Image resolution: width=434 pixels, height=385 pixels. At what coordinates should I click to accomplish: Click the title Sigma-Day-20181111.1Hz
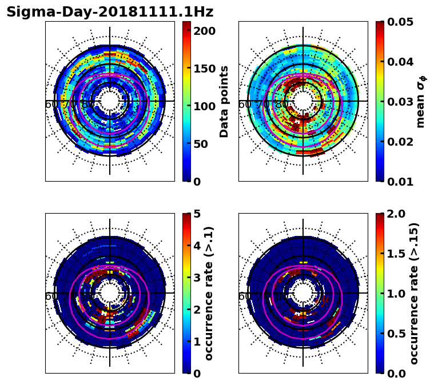110,12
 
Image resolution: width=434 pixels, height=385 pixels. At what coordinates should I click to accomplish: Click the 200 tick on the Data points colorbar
204,30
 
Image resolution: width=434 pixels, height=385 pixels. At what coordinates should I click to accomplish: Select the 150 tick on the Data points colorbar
204,69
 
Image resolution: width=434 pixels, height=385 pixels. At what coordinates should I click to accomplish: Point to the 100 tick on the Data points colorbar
204,106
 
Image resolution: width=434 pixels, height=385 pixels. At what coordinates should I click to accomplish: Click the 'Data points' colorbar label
224,101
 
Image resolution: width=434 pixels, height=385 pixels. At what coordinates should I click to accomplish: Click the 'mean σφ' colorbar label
421,101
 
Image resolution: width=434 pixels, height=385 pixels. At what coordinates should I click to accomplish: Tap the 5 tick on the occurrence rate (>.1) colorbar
197,214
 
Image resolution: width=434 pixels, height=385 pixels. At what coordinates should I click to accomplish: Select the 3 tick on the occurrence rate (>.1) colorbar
197,278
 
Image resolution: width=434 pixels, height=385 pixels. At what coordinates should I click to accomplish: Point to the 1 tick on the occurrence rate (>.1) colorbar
197,342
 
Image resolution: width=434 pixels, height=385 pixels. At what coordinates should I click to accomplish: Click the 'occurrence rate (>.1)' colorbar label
209,293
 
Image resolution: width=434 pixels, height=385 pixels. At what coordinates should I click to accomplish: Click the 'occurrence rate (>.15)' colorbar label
414,293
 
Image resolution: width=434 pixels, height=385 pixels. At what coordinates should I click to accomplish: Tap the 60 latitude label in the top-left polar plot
51,105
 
